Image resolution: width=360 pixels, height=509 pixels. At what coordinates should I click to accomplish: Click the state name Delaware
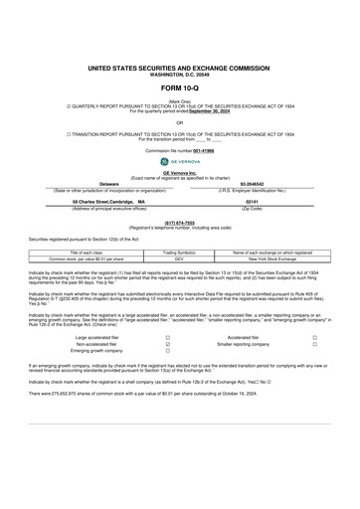(x=109, y=184)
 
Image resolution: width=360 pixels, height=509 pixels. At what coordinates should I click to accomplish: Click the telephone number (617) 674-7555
(x=179, y=222)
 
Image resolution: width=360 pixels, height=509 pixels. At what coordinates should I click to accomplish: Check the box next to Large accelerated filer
(x=138, y=338)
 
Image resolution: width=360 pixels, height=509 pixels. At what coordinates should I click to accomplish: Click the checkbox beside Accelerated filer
(x=314, y=338)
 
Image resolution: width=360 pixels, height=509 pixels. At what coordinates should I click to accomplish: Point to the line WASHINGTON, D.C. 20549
(x=180, y=72)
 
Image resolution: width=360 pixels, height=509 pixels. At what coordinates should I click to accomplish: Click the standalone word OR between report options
(x=180, y=122)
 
